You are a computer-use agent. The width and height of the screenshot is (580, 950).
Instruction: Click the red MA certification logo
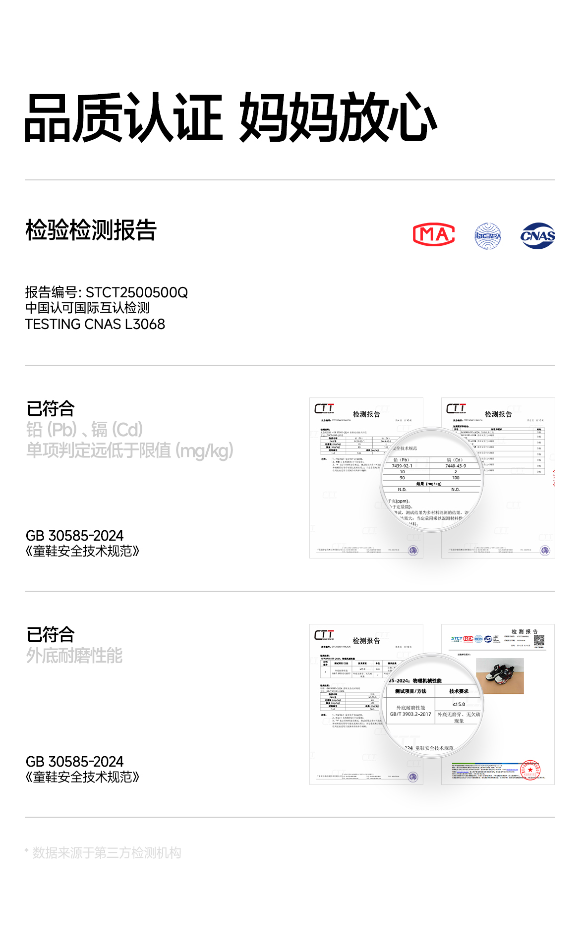point(434,235)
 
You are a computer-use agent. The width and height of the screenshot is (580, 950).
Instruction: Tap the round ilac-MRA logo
point(488,236)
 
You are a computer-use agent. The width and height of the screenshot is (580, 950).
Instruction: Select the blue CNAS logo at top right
point(538,236)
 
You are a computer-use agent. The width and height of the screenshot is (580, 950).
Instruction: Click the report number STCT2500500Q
point(137,292)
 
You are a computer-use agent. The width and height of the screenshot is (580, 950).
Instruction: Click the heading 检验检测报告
point(91,230)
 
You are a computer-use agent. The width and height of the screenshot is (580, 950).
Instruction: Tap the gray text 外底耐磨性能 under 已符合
point(74,656)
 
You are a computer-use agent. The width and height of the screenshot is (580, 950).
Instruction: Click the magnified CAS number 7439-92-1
point(402,466)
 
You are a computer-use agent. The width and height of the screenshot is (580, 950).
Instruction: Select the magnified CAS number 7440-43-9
point(456,466)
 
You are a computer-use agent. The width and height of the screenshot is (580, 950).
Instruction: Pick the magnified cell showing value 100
point(456,478)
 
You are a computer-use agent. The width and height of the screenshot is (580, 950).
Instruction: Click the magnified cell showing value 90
point(402,478)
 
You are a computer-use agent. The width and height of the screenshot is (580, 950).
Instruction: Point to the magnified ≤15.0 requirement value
point(459,704)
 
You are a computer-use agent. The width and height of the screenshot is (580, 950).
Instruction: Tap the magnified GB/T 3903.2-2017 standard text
point(410,714)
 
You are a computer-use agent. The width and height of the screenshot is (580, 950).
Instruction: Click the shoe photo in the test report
point(500,676)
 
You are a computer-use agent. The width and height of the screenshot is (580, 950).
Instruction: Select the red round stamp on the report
point(530,770)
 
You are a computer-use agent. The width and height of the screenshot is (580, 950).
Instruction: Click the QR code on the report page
point(539,640)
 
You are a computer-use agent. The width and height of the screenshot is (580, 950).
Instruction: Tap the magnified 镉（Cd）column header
point(455,460)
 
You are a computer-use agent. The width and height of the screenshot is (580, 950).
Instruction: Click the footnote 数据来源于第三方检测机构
point(107,853)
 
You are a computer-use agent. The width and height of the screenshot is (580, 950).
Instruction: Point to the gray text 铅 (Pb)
point(52,429)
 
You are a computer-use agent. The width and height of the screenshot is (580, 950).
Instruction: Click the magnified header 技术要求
point(459,691)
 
